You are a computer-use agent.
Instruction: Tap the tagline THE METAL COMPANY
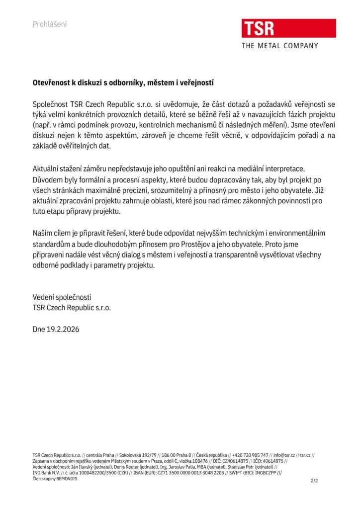[x=279, y=46]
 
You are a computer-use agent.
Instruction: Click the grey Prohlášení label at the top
[x=50, y=24]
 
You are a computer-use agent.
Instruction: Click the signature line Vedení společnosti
[x=62, y=297]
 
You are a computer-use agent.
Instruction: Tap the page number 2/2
[x=314, y=481]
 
